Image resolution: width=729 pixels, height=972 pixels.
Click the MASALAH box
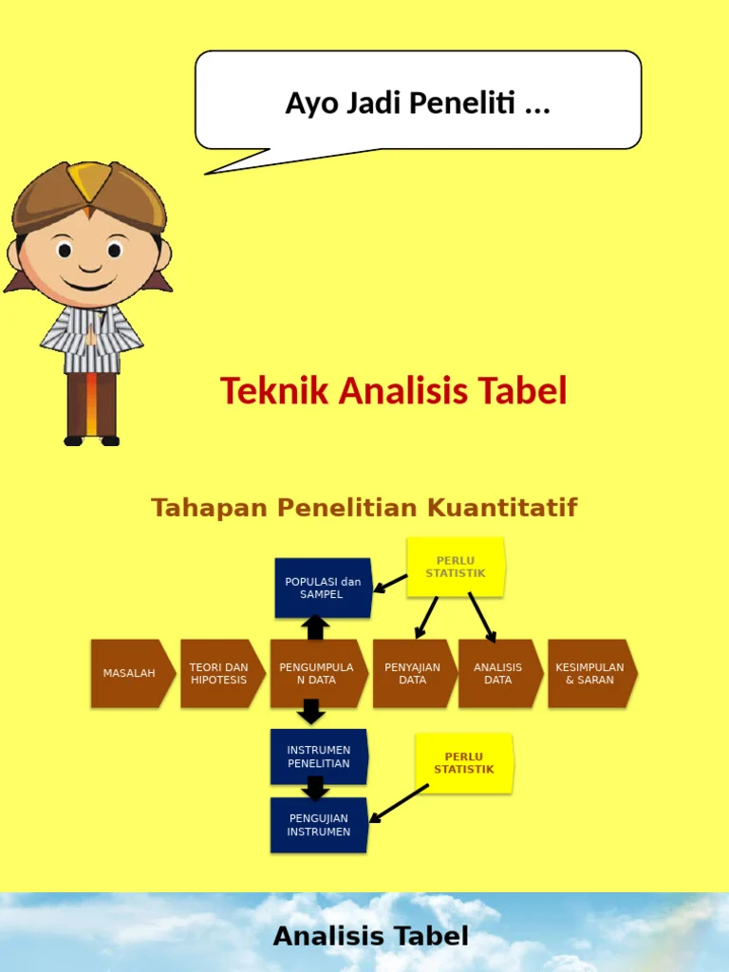click(x=131, y=673)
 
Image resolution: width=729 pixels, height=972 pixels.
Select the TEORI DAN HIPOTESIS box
click(x=219, y=673)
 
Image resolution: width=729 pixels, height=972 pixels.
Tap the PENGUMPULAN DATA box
click(x=316, y=673)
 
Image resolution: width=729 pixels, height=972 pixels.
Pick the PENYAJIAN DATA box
click(x=412, y=673)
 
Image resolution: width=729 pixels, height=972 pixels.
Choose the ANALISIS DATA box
click(x=498, y=673)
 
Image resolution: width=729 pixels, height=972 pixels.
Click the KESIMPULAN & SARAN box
click(x=589, y=673)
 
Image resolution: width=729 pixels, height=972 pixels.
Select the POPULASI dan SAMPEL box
click(x=323, y=588)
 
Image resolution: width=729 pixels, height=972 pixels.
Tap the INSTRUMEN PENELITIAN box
click(x=318, y=757)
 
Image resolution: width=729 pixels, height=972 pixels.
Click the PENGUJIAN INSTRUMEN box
click(x=318, y=825)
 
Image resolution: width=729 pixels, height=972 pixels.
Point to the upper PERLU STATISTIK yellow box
click(x=456, y=568)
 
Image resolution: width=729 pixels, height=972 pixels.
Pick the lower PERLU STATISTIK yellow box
click(x=464, y=763)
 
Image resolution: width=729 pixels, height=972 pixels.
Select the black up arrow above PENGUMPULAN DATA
click(x=315, y=626)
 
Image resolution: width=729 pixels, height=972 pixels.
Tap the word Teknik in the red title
click(x=274, y=390)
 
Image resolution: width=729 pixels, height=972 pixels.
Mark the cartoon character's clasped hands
click(x=91, y=335)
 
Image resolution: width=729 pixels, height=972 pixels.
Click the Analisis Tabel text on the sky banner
click(x=370, y=937)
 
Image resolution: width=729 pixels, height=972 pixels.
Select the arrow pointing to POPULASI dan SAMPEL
click(x=390, y=583)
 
